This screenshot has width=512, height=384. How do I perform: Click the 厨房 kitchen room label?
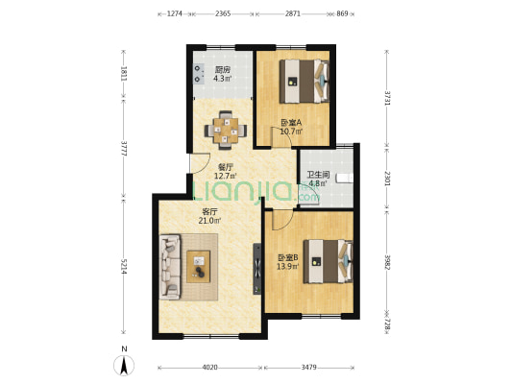[x=222, y=70]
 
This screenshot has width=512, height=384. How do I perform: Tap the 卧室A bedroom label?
[x=291, y=123]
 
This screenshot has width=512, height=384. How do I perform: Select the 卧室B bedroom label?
[x=287, y=257]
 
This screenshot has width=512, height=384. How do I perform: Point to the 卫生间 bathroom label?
[x=318, y=175]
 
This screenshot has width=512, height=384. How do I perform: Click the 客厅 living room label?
[x=210, y=211]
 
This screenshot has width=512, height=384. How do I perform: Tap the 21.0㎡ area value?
[x=210, y=221]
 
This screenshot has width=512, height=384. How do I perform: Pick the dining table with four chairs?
[x=226, y=131]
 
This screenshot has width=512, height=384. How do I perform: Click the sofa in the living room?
[x=170, y=267]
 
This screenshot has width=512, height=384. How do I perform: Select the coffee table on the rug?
[x=198, y=266]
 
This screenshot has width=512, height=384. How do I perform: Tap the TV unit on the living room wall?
[x=257, y=269]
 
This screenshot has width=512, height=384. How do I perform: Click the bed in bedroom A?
[x=304, y=81]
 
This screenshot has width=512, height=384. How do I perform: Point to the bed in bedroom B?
[x=329, y=261]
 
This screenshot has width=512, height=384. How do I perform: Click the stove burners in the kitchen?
[x=198, y=74]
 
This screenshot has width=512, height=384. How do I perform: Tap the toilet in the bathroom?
[x=345, y=179]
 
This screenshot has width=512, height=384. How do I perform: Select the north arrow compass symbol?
[x=124, y=366]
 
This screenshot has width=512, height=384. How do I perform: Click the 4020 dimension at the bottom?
[x=209, y=368]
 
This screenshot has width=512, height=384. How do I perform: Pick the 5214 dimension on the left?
[x=123, y=266]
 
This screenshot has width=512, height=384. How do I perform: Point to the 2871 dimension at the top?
[x=293, y=13]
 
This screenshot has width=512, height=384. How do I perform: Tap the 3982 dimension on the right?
[x=387, y=262]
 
